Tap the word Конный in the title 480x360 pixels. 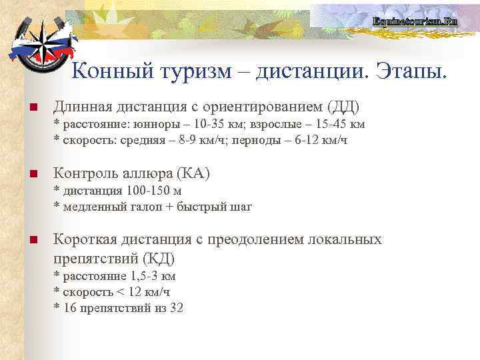[109, 70]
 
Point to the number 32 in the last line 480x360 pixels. [176, 307]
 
